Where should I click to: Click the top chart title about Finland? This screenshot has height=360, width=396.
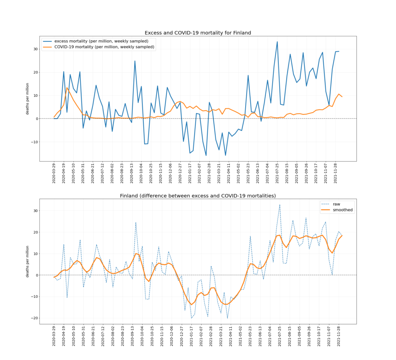tap(198, 33)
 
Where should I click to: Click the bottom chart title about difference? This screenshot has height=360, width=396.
tap(198, 196)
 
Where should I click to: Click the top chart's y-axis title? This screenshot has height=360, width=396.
tap(27, 99)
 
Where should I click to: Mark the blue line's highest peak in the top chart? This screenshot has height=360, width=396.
tap(277, 42)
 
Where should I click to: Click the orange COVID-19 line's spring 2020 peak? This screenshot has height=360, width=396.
tap(67, 88)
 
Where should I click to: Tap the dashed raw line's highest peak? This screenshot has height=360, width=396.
tap(280, 205)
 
